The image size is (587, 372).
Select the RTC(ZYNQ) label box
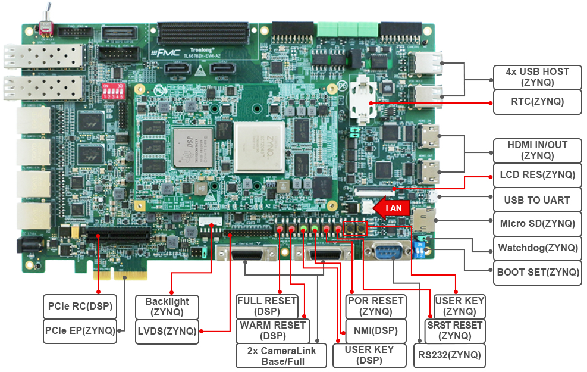click(x=537, y=102)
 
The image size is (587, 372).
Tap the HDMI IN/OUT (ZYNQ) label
click(x=537, y=151)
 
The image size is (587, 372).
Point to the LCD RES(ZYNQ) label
click(x=537, y=175)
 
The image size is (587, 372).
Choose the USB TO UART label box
click(x=537, y=200)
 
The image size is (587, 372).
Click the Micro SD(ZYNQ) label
click(x=537, y=224)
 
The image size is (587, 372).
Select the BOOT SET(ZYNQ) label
click(x=537, y=273)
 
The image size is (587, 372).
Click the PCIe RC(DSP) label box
click(x=80, y=307)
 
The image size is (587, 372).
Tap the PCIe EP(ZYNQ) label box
click(x=80, y=331)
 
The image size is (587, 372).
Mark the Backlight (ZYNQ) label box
click(x=167, y=307)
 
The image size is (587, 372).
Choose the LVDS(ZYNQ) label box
click(x=167, y=331)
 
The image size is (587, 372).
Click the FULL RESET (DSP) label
click(x=266, y=306)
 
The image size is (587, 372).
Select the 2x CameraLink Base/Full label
click(x=281, y=355)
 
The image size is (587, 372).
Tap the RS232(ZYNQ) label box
click(x=449, y=355)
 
